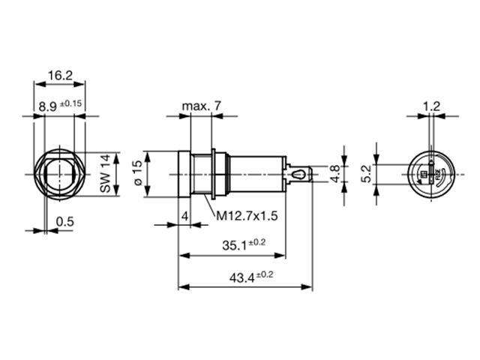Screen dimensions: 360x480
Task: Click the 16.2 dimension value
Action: (59, 76)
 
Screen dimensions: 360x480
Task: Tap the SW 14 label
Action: (105, 175)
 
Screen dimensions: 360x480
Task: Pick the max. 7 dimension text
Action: (200, 106)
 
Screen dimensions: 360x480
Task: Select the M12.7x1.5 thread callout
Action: (247, 216)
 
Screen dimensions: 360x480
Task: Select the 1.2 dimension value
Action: (431, 106)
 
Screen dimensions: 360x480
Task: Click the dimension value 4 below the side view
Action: (184, 216)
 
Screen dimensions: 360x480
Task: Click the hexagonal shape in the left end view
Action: (59, 175)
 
